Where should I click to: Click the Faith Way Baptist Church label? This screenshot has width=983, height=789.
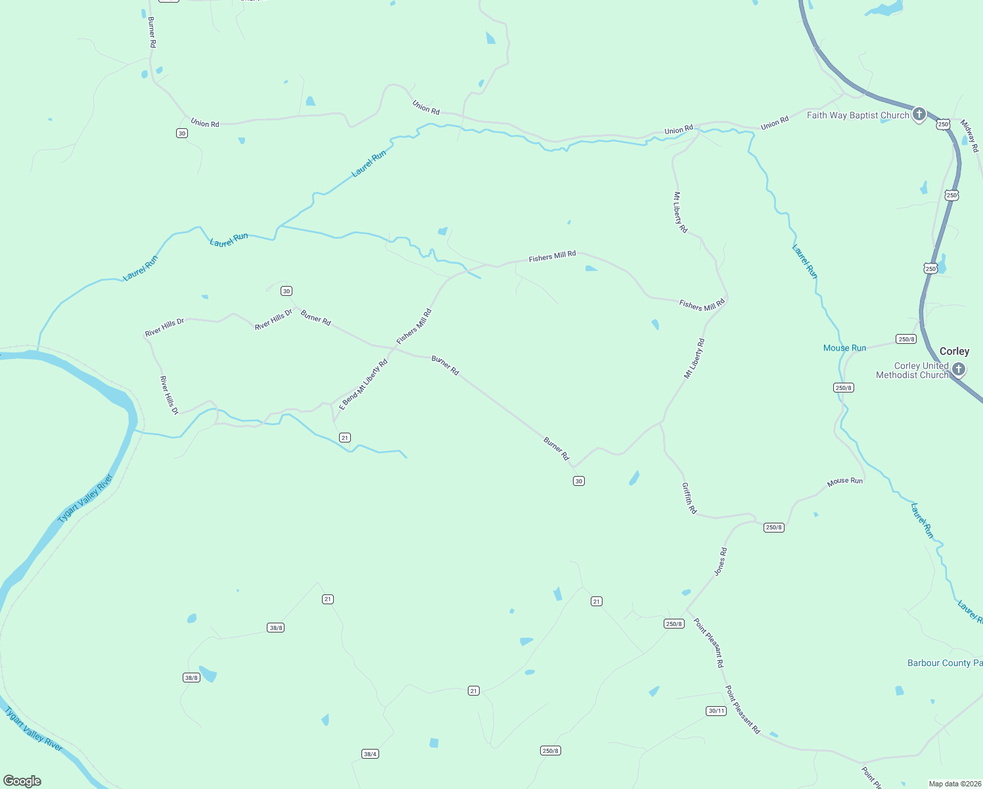click(857, 115)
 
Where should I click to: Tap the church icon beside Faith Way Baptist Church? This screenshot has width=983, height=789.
click(919, 114)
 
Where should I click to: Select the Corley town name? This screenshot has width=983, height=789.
click(954, 352)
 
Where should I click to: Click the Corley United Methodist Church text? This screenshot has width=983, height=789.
click(913, 370)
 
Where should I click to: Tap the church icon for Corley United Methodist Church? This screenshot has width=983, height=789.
click(959, 369)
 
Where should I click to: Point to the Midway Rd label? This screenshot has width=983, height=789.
click(969, 135)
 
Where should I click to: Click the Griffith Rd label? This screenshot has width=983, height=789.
click(689, 498)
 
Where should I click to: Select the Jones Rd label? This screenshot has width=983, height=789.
click(721, 562)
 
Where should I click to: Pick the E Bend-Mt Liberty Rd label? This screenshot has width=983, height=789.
click(363, 385)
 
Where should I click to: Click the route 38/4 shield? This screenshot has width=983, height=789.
click(370, 753)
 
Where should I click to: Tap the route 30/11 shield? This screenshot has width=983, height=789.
click(716, 711)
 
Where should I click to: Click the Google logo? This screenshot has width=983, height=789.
click(22, 781)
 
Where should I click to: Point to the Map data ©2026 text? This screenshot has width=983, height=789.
click(954, 784)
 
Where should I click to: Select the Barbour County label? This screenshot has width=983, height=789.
click(944, 663)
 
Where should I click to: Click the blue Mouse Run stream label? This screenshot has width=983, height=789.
click(844, 348)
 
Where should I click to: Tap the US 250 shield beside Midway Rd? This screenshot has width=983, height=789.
click(944, 124)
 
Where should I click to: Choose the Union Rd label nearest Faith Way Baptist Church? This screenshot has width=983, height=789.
click(775, 123)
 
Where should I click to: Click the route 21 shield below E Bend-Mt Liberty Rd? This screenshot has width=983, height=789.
click(345, 437)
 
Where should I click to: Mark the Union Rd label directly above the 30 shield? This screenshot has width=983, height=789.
click(205, 123)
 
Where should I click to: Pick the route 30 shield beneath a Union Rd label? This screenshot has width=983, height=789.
click(182, 133)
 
